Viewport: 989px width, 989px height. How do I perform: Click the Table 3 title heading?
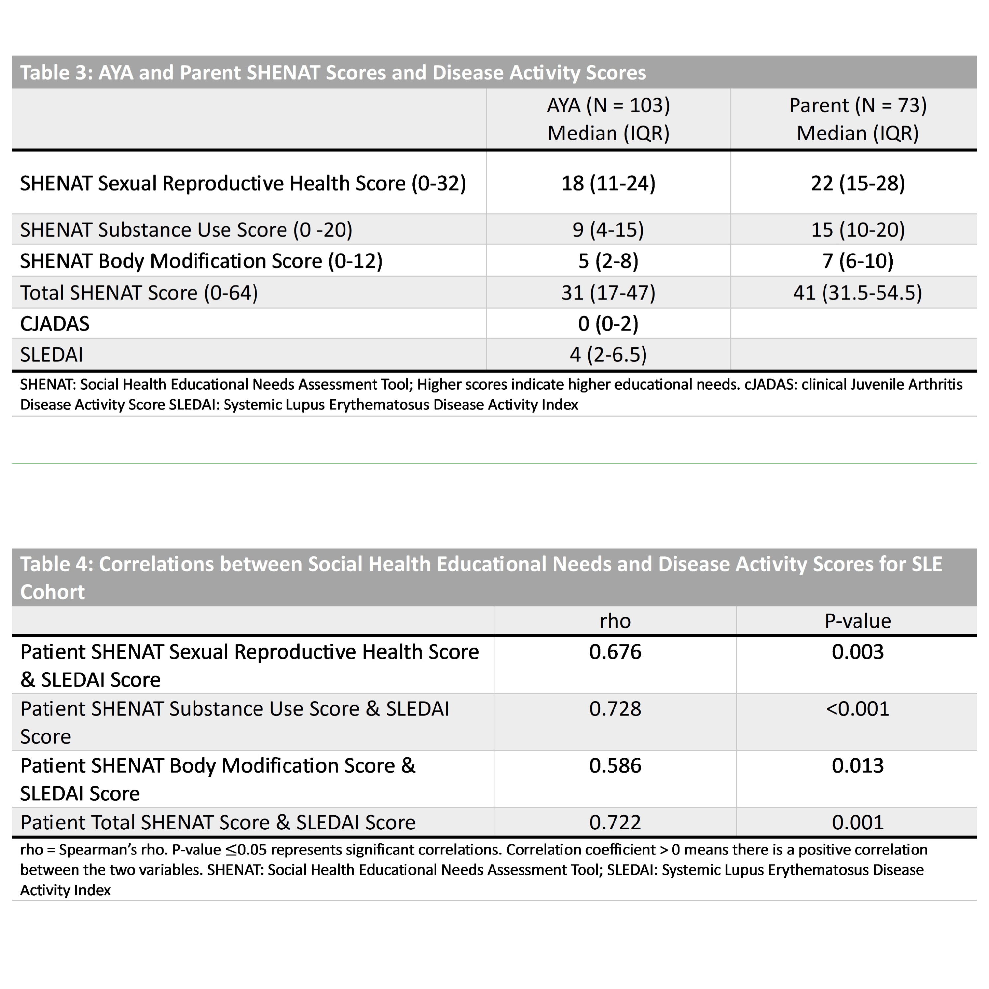point(333,73)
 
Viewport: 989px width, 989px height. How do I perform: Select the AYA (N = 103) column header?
point(608,105)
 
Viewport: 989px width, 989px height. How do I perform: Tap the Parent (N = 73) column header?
point(857,105)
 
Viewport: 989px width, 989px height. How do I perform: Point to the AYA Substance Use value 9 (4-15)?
point(608,230)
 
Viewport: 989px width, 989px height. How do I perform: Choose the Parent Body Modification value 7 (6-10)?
point(857,261)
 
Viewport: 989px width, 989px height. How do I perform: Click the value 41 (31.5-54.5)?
point(857,293)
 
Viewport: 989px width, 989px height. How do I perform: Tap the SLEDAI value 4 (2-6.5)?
point(608,355)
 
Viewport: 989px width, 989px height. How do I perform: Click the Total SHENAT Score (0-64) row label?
point(139,293)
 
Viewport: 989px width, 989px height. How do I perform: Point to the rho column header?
point(615,621)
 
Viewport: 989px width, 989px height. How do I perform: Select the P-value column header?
point(857,621)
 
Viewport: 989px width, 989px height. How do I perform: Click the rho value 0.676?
point(615,652)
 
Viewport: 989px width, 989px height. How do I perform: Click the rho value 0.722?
point(615,823)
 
